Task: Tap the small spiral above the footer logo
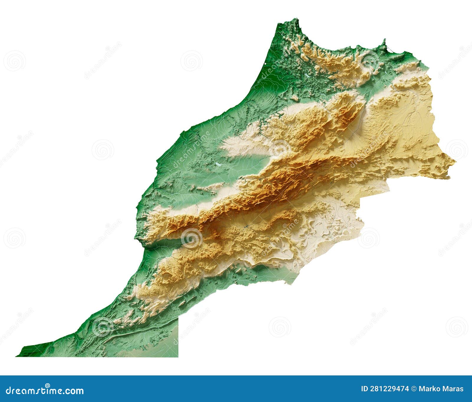[x=47, y=385]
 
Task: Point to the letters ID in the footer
[x=365, y=389]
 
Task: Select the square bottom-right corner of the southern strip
[x=178, y=356]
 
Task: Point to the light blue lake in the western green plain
[x=217, y=165]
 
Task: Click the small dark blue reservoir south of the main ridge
[x=245, y=227]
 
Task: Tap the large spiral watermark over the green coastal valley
[x=191, y=238]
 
